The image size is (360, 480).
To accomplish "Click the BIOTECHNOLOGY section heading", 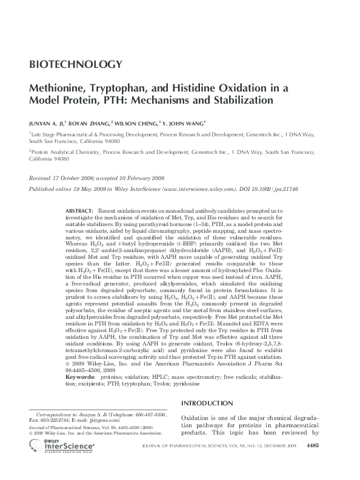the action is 76,64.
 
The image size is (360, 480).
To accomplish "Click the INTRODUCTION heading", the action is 208,404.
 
